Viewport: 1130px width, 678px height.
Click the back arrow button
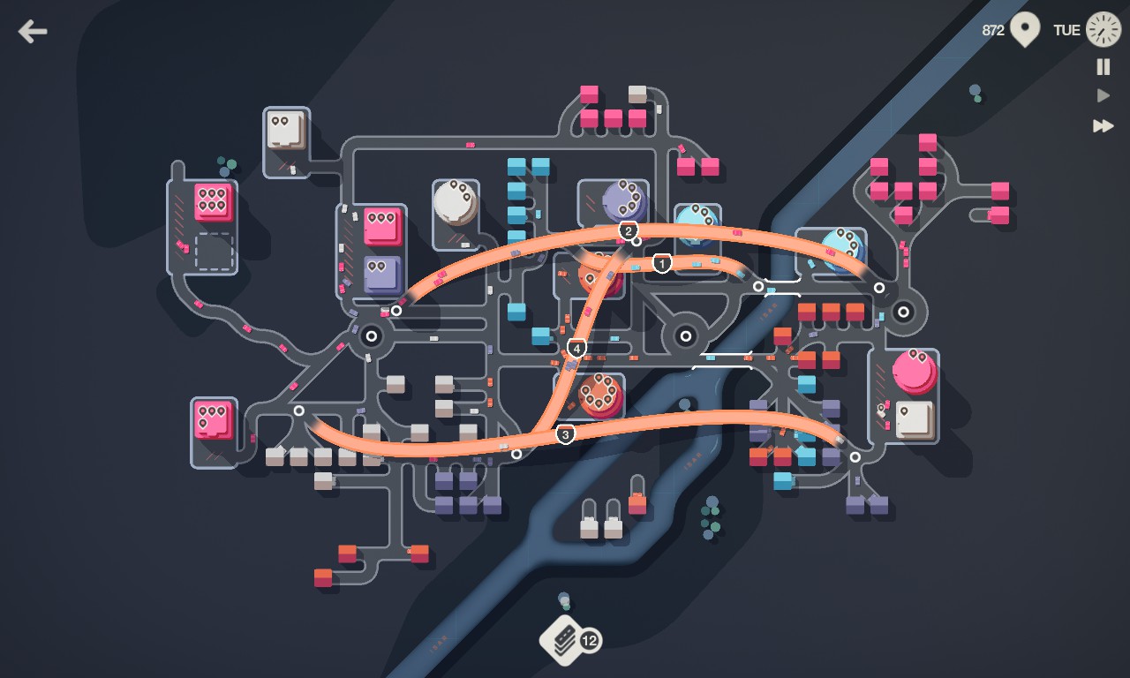[x=33, y=32]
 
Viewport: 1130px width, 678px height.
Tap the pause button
[x=1103, y=67]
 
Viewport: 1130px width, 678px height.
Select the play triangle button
[x=1103, y=95]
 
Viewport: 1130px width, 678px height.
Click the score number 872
[x=993, y=30]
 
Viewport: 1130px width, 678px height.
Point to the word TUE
[x=1066, y=30]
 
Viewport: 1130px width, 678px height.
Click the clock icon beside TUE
[x=1103, y=29]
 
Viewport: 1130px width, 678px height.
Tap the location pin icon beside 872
[x=1024, y=29]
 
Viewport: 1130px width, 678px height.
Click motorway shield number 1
[x=662, y=263]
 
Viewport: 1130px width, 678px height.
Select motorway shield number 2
[x=628, y=231]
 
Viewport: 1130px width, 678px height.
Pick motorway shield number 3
[x=565, y=434]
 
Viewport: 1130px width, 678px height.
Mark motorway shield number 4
[x=576, y=349]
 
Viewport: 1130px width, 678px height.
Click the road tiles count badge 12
[x=590, y=640]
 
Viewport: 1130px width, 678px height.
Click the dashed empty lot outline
[x=214, y=252]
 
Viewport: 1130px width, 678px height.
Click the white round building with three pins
[x=455, y=202]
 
